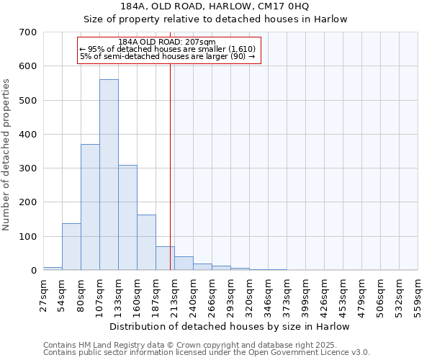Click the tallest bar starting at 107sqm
point(109,175)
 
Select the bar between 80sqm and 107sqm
point(90,207)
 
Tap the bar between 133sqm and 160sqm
point(127,217)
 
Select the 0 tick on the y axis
point(33,271)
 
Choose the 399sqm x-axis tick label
point(306,295)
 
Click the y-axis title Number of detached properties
point(7,155)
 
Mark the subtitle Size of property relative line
point(215,19)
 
